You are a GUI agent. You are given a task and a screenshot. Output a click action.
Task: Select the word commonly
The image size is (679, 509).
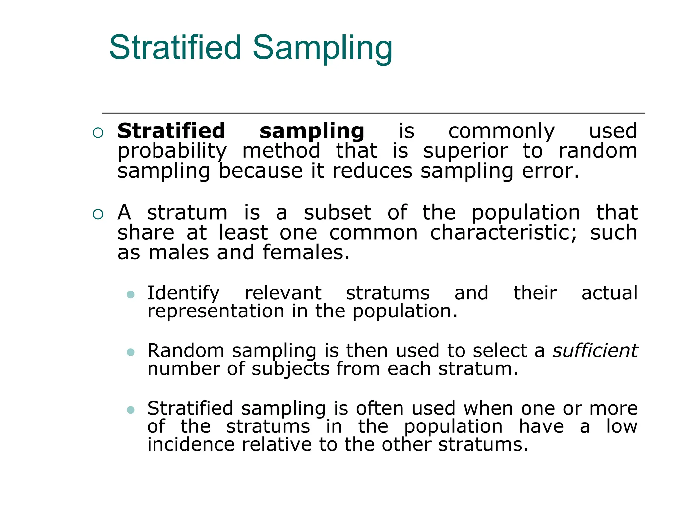pyautogui.click(x=501, y=131)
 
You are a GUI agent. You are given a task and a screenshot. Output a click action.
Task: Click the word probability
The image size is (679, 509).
pyautogui.click(x=172, y=151)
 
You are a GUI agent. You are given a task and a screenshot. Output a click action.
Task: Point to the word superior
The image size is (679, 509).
pyautogui.click(x=465, y=151)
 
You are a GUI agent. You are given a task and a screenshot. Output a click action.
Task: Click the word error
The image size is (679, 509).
pyautogui.click(x=550, y=171)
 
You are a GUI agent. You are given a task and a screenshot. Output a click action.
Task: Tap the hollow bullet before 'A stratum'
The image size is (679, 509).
pyautogui.click(x=98, y=214)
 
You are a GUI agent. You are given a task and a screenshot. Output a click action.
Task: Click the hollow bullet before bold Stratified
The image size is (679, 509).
pyautogui.click(x=98, y=133)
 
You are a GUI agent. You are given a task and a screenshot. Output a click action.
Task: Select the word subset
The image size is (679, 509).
pyautogui.click(x=338, y=212)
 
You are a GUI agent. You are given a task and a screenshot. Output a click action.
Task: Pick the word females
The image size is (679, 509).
pyautogui.click(x=306, y=253)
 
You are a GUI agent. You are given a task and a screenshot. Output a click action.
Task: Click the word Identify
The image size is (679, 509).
pyautogui.click(x=183, y=293)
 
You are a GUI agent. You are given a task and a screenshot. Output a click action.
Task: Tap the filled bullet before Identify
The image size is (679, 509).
pyautogui.click(x=131, y=294)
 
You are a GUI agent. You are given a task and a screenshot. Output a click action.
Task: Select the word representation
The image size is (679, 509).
pyautogui.click(x=216, y=311)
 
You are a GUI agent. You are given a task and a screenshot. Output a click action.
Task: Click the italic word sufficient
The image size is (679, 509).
pyautogui.click(x=595, y=351)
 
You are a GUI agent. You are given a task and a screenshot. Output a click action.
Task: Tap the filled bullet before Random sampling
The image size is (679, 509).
pyautogui.click(x=131, y=352)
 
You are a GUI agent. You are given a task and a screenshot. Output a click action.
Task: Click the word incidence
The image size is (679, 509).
pyautogui.click(x=191, y=444)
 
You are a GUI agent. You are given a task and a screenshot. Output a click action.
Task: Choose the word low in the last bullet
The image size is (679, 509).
pyautogui.click(x=622, y=426)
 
